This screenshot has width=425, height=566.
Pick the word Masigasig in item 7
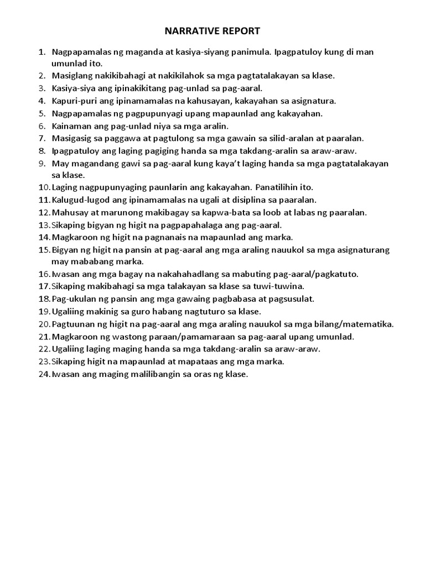pos(71,138)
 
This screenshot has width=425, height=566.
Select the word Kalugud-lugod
pos(79,200)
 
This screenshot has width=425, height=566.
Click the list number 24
pos(44,374)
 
